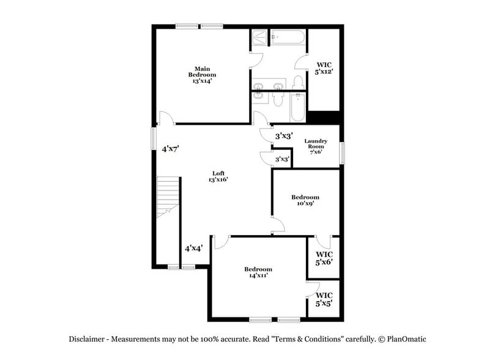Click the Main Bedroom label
(x=202, y=74)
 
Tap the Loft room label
(x=218, y=176)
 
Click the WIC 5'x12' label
(x=324, y=68)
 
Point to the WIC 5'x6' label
(x=324, y=258)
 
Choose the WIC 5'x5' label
(x=324, y=299)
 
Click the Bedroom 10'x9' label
(x=305, y=201)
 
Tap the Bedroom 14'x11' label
(x=258, y=272)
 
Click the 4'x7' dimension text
(x=169, y=149)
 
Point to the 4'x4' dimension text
(x=194, y=249)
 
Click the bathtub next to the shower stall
(x=288, y=37)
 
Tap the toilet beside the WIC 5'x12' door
(x=299, y=82)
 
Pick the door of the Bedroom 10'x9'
(x=278, y=225)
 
